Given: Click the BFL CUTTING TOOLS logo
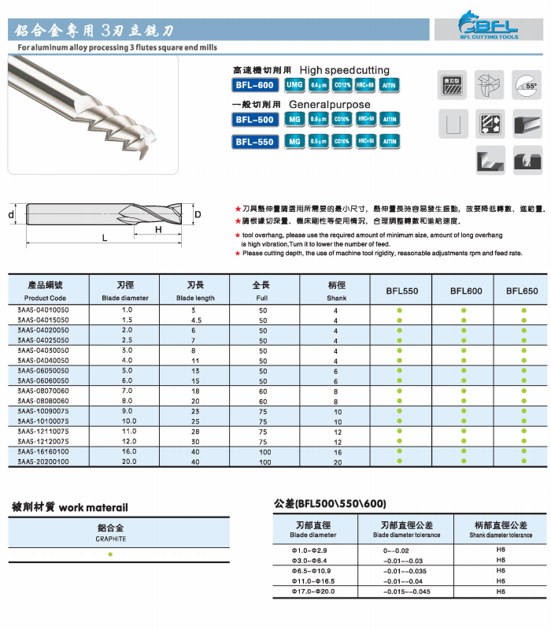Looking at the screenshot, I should point(488,24).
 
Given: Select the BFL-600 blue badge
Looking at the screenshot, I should point(254,85).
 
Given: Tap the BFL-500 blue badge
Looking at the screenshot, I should point(254,120).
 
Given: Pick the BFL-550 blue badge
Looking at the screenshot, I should point(254,142).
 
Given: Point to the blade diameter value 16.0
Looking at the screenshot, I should point(128,452).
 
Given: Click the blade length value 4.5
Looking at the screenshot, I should point(197,321).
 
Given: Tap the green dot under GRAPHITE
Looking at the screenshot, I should point(110,554).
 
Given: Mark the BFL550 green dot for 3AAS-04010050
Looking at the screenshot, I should point(400,311).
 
